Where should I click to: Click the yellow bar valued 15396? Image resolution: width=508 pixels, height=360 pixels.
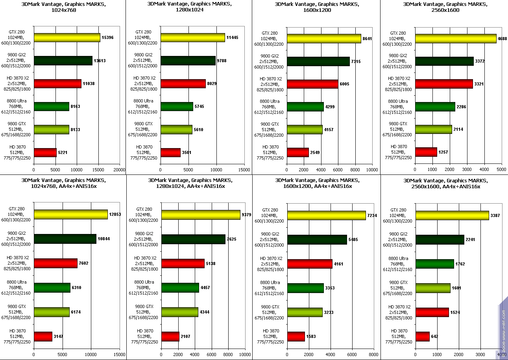67,38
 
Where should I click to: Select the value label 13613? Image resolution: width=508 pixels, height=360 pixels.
100,61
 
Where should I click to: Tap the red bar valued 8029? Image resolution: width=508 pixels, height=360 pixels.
183,84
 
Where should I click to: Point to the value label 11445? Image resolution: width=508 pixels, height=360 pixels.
233,38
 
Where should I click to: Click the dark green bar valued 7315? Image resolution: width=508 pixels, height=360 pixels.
318,61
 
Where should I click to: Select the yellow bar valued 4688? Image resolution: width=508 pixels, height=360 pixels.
456,39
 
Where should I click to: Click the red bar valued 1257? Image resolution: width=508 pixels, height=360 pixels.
426,152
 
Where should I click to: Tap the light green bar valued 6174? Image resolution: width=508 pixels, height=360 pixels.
52,312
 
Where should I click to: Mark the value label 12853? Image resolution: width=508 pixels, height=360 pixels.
115,214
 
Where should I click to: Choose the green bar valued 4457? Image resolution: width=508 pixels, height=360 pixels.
180,288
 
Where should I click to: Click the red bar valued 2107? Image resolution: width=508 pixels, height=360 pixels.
170,337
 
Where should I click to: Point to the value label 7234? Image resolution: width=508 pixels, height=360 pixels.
373,216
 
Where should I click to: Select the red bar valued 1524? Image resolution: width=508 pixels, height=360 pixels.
432,312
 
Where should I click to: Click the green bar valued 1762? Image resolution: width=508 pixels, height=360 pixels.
435,264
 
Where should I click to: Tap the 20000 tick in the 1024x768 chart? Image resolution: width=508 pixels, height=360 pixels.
119,170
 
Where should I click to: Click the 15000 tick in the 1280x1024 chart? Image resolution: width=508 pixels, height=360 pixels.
244,170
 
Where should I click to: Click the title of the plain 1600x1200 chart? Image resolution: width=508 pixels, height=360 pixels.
317,7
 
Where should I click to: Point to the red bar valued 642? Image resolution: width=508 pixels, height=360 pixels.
422,337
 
